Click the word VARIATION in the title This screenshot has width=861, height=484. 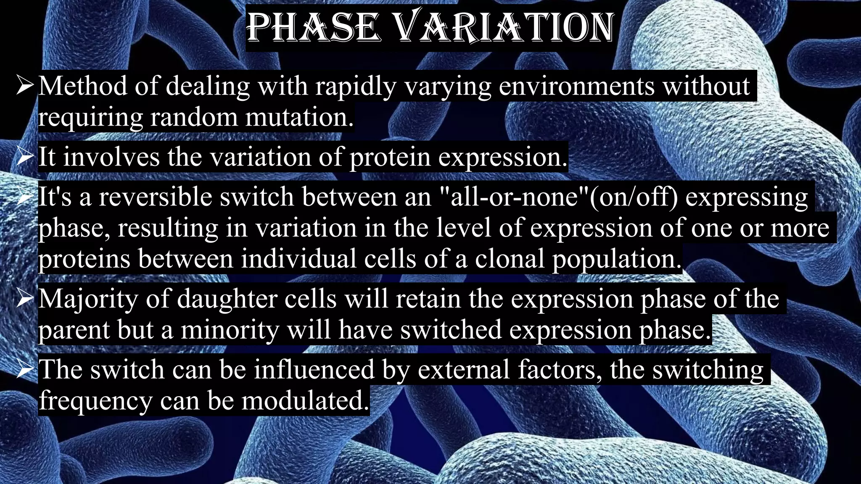tap(504, 28)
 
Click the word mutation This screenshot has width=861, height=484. tap(299, 117)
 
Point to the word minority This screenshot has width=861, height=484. tap(230, 330)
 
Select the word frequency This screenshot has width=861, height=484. tap(95, 401)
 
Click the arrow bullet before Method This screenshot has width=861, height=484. tap(25, 86)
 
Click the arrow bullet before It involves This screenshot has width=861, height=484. tap(25, 157)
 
